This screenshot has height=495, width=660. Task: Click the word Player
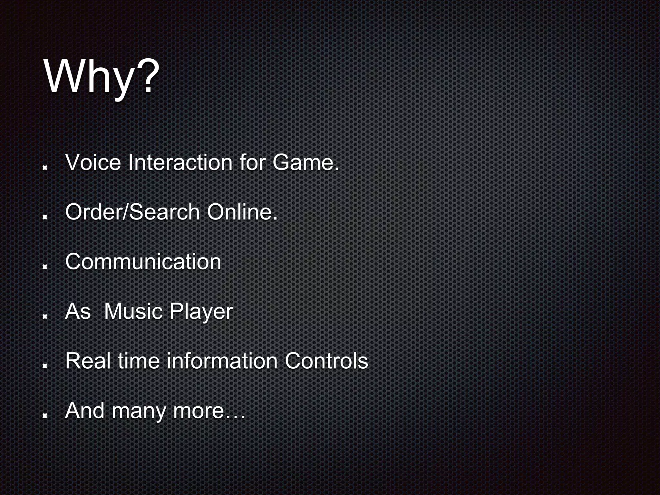(x=201, y=312)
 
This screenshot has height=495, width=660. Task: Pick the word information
(x=222, y=361)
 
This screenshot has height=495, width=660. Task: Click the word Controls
(x=326, y=361)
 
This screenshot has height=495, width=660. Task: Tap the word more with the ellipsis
(x=209, y=411)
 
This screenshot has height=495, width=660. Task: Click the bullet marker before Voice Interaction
(x=45, y=167)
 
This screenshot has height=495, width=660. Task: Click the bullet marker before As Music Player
(x=45, y=316)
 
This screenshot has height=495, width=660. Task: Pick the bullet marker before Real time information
(x=45, y=365)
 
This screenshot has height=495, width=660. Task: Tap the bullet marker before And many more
(x=45, y=415)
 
